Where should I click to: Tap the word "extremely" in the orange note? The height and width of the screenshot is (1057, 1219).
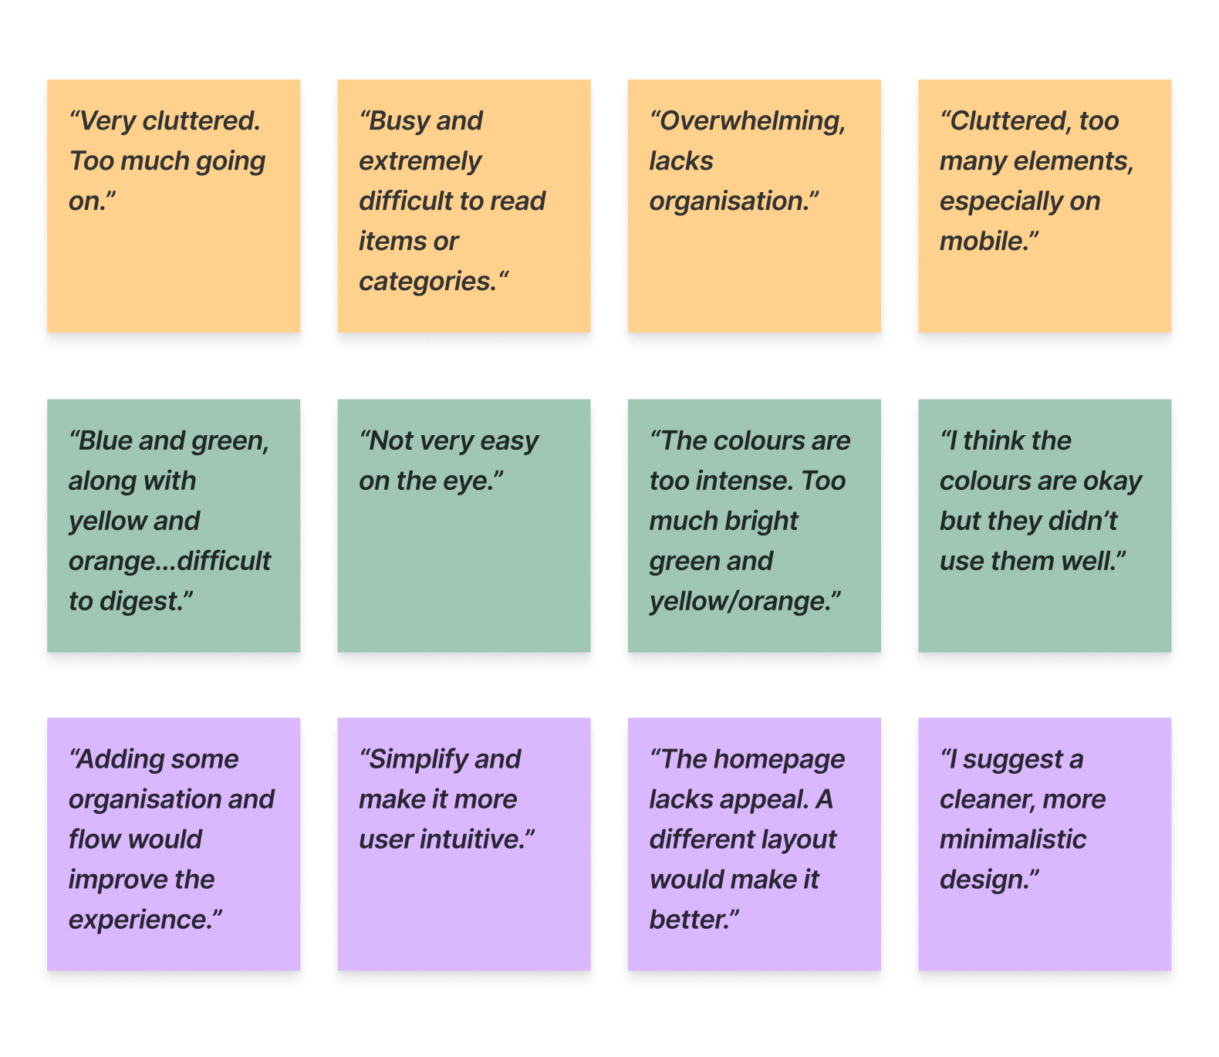420,161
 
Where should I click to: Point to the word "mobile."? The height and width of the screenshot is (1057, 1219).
988,241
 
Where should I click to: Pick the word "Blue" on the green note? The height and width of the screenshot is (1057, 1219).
106,441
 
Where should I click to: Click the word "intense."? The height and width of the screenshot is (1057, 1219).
745,481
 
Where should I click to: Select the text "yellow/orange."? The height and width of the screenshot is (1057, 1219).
744,602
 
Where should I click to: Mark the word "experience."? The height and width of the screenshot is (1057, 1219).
144,920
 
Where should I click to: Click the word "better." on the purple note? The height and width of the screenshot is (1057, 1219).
693,920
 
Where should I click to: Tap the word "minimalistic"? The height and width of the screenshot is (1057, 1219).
1012,840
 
